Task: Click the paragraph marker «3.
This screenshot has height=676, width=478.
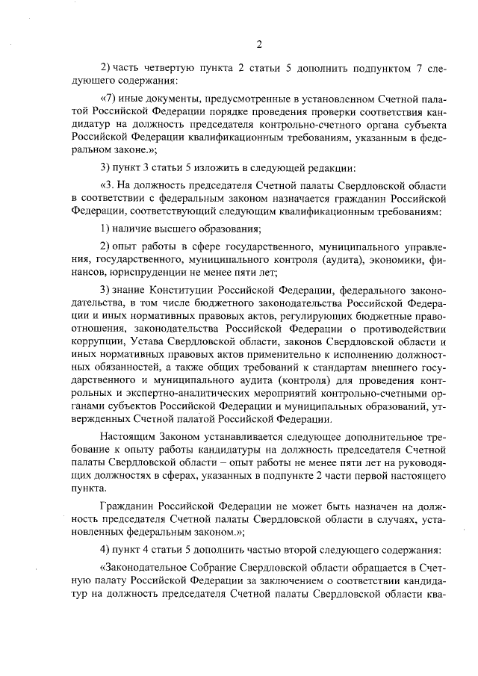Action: (x=107, y=184)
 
